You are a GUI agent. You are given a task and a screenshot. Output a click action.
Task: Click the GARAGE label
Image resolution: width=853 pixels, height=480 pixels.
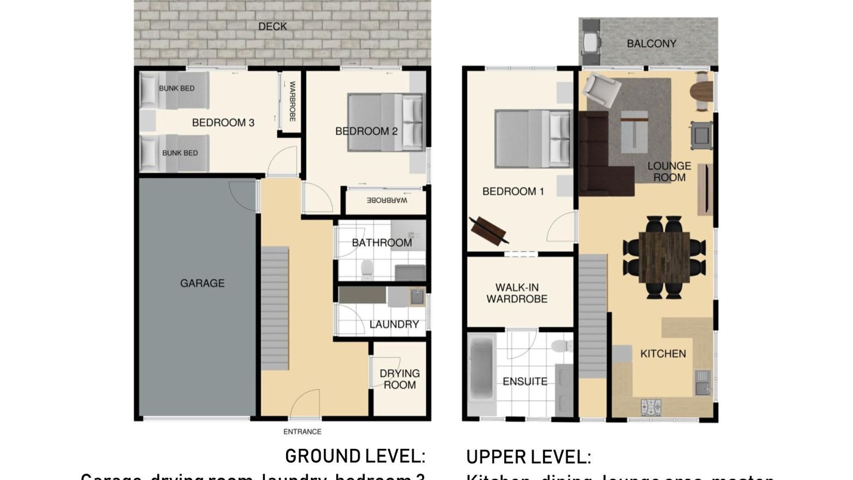[x=202, y=283]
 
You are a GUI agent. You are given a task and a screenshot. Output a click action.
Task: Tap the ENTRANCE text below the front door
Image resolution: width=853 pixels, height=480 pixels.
[x=302, y=432]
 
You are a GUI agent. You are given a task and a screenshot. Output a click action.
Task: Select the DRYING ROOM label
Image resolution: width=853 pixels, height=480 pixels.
[x=399, y=379]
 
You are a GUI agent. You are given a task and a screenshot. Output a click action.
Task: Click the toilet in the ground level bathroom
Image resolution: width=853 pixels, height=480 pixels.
[x=367, y=268]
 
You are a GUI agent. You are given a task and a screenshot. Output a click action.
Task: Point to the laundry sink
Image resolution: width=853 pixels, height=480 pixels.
[x=417, y=296]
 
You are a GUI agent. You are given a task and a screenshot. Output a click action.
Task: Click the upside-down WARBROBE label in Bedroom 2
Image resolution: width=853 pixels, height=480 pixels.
[x=387, y=200]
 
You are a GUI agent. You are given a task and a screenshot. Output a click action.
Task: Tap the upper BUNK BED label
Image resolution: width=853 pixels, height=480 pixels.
[x=177, y=88]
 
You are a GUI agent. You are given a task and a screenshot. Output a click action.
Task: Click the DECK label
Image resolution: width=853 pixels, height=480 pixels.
[x=272, y=27]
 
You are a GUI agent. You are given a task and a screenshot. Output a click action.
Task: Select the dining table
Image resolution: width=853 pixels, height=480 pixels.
[x=664, y=257]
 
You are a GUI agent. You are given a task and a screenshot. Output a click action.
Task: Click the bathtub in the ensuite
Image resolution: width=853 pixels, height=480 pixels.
[x=482, y=373]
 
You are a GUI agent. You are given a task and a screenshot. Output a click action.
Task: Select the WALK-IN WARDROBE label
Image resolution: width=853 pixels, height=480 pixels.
[x=517, y=293]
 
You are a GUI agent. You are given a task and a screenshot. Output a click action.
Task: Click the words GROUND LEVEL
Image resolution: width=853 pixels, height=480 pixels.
[x=355, y=456]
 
